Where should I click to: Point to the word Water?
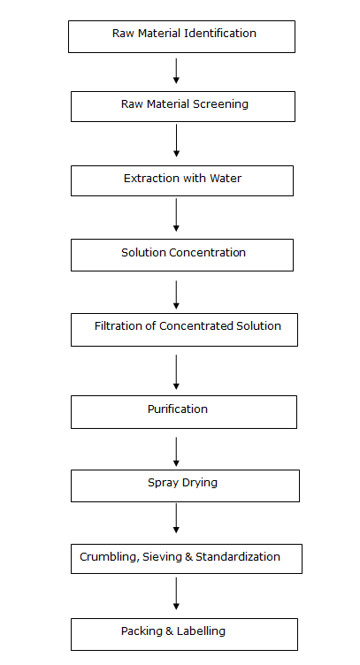[226, 178]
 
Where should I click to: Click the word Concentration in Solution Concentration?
[207, 252]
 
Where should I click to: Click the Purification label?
[178, 409]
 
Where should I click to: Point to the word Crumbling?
[110, 557]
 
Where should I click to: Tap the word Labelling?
[201, 631]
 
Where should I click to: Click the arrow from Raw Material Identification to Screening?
[176, 71]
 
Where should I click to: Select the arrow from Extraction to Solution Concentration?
[176, 215]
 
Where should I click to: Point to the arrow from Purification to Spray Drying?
[176, 452]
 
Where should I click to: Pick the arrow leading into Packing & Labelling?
[176, 593]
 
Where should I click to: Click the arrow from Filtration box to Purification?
[176, 372]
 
